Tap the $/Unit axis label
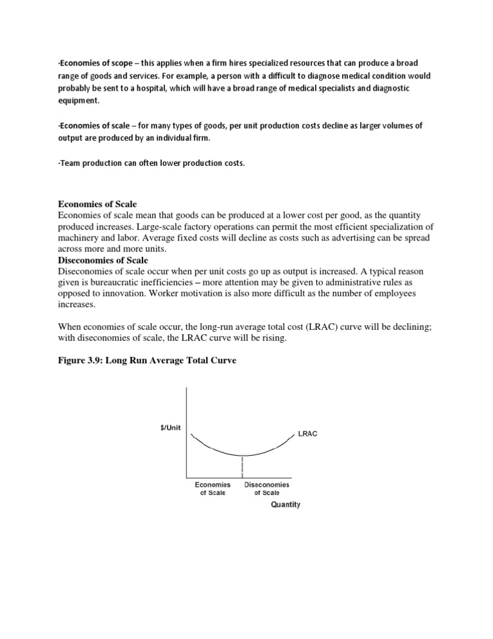[171, 427]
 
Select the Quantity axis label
[285, 505]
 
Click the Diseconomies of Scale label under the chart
[267, 489]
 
